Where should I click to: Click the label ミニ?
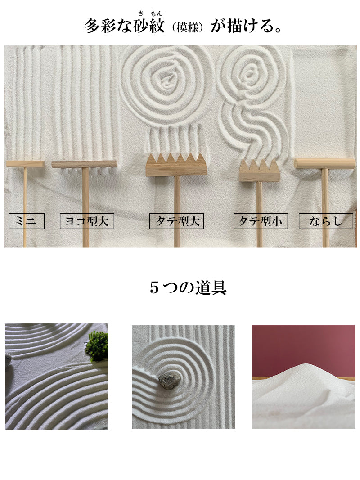coord(27,221)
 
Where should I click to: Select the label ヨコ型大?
coord(87,221)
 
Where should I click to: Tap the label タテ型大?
coord(177,221)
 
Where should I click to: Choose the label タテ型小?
coord(261,221)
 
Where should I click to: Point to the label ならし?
coord(326,221)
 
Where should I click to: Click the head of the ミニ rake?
coord(25,164)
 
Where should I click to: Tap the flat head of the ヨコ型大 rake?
coord(84,164)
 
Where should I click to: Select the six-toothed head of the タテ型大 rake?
coord(176,165)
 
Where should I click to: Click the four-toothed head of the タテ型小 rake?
coord(260,171)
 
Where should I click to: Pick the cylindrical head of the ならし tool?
coord(324,163)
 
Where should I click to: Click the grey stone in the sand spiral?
coord(169,381)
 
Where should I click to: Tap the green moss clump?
coord(97,346)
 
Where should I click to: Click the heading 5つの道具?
coord(188,288)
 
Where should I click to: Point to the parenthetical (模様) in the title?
coord(188,27)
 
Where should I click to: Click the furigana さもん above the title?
coord(150,13)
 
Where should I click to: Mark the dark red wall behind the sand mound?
coord(304,349)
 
